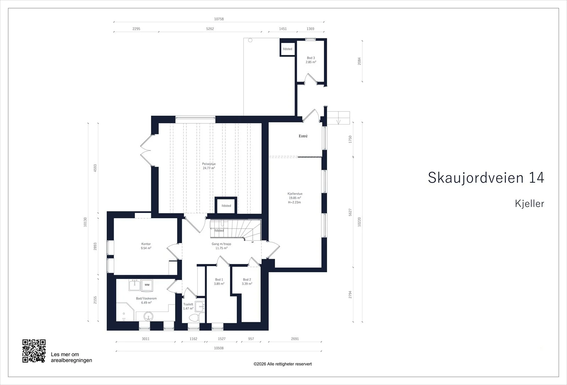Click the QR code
34,351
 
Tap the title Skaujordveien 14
486,178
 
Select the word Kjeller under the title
529,204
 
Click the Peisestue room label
209,164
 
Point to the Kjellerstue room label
295,194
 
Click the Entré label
303,136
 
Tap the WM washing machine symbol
147,285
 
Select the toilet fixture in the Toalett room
197,317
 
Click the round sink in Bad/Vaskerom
148,316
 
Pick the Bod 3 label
311,58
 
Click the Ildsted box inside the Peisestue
226,205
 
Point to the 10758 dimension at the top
219,19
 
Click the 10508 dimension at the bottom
219,348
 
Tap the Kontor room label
146,244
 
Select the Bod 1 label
219,280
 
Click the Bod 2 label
247,280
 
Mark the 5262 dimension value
210,29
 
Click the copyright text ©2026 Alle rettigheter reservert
282,364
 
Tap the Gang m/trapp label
221,244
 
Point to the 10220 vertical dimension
359,222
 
